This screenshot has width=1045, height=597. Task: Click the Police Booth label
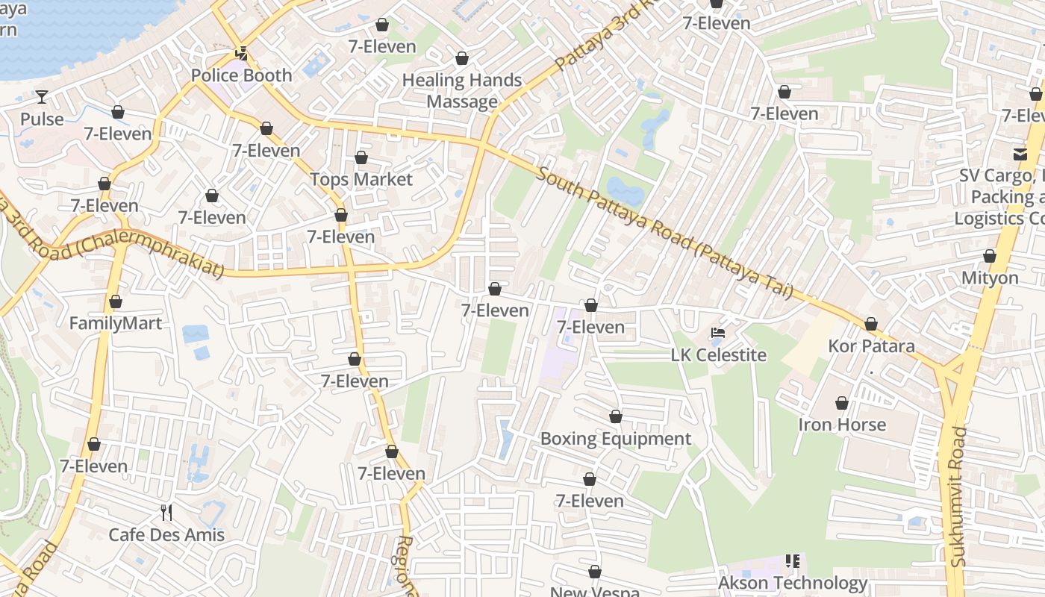[x=241, y=75]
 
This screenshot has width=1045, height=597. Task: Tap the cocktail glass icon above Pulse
[x=41, y=96]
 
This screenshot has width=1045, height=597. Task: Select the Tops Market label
[x=361, y=180]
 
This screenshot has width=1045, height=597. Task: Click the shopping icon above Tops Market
[x=361, y=157]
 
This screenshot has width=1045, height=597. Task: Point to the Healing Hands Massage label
[x=462, y=91]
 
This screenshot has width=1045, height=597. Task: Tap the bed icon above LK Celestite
[x=718, y=333]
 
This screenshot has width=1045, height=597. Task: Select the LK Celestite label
[x=719, y=355]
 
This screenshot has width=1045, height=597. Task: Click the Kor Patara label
[x=871, y=346]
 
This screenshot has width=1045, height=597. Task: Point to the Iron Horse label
[x=842, y=425]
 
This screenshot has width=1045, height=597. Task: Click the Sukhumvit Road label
[x=959, y=496]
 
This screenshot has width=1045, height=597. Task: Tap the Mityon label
[x=990, y=278]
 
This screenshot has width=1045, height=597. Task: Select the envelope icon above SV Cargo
[x=1020, y=154]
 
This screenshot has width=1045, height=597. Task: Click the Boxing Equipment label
[x=616, y=439]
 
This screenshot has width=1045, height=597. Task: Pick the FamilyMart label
[x=115, y=324]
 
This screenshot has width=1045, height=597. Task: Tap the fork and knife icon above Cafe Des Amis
[x=166, y=513]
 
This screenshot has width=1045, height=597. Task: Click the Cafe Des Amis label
[x=166, y=535]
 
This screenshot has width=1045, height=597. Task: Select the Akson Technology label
[x=793, y=583]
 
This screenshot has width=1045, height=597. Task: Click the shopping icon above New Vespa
[x=595, y=572]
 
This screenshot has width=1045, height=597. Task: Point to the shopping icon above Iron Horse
[x=842, y=403]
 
